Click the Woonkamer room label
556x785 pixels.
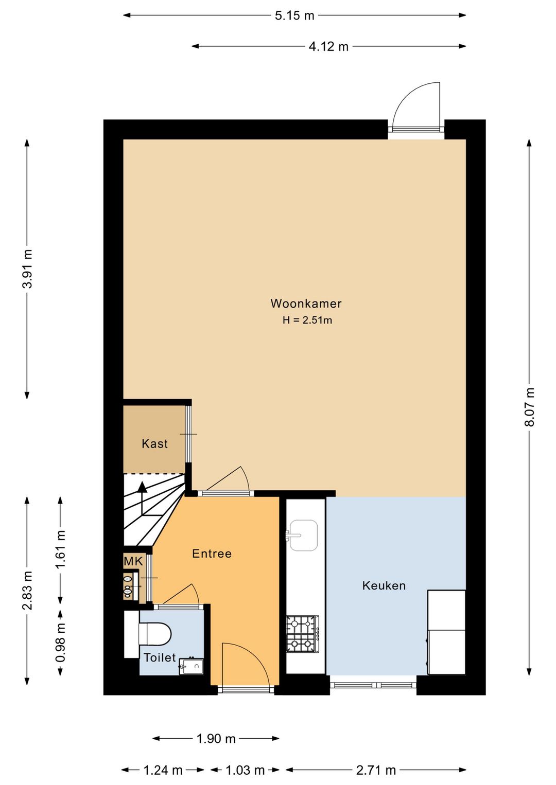pos(306,304)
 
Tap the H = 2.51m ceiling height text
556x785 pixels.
pos(307,320)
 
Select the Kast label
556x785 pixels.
pos(154,443)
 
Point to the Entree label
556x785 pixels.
pos(212,554)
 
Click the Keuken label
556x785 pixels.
pos(384,585)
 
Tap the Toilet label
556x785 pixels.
pos(160,658)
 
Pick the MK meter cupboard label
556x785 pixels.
pos(133,561)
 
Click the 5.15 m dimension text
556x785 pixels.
pos(294,16)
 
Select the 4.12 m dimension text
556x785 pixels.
pos(328,47)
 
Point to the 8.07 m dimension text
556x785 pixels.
pos(529,407)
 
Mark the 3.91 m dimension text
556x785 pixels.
pos(27,269)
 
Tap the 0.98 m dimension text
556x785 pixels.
pos(61,643)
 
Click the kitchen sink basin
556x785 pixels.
pos(303,535)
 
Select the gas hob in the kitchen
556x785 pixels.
pos(303,634)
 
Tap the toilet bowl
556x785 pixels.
pos(154,634)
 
